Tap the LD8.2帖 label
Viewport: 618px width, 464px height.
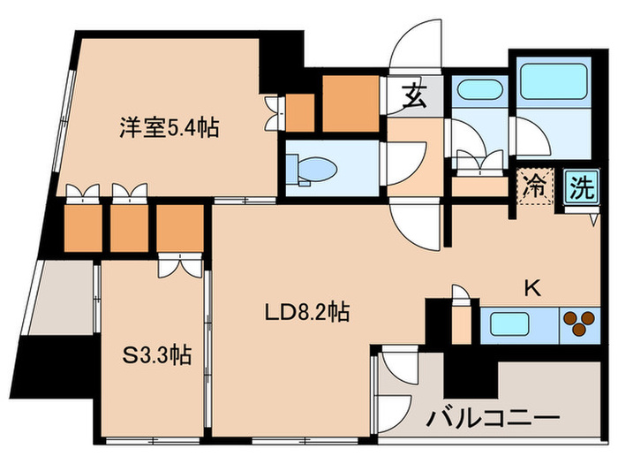click(308, 311)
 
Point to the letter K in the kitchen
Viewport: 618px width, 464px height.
click(532, 287)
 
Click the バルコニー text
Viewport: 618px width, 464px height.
click(495, 416)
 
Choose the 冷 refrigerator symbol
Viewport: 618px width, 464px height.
click(533, 186)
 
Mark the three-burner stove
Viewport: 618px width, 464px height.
click(578, 323)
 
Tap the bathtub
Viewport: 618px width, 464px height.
click(554, 85)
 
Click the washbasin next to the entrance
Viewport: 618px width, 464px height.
click(477, 91)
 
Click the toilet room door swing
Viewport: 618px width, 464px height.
click(404, 162)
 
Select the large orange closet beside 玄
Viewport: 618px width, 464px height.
click(350, 104)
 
